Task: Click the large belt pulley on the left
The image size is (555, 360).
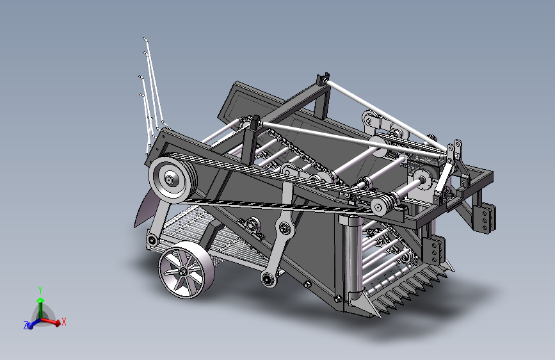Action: [172, 179]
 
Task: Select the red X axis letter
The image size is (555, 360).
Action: [64, 322]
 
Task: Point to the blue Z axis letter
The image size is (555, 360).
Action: [26, 325]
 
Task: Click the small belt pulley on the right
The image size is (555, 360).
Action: [380, 206]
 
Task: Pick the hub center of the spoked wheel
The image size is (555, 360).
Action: [183, 272]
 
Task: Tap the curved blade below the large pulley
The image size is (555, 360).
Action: [146, 209]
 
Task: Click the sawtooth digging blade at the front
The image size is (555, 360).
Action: [407, 291]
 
